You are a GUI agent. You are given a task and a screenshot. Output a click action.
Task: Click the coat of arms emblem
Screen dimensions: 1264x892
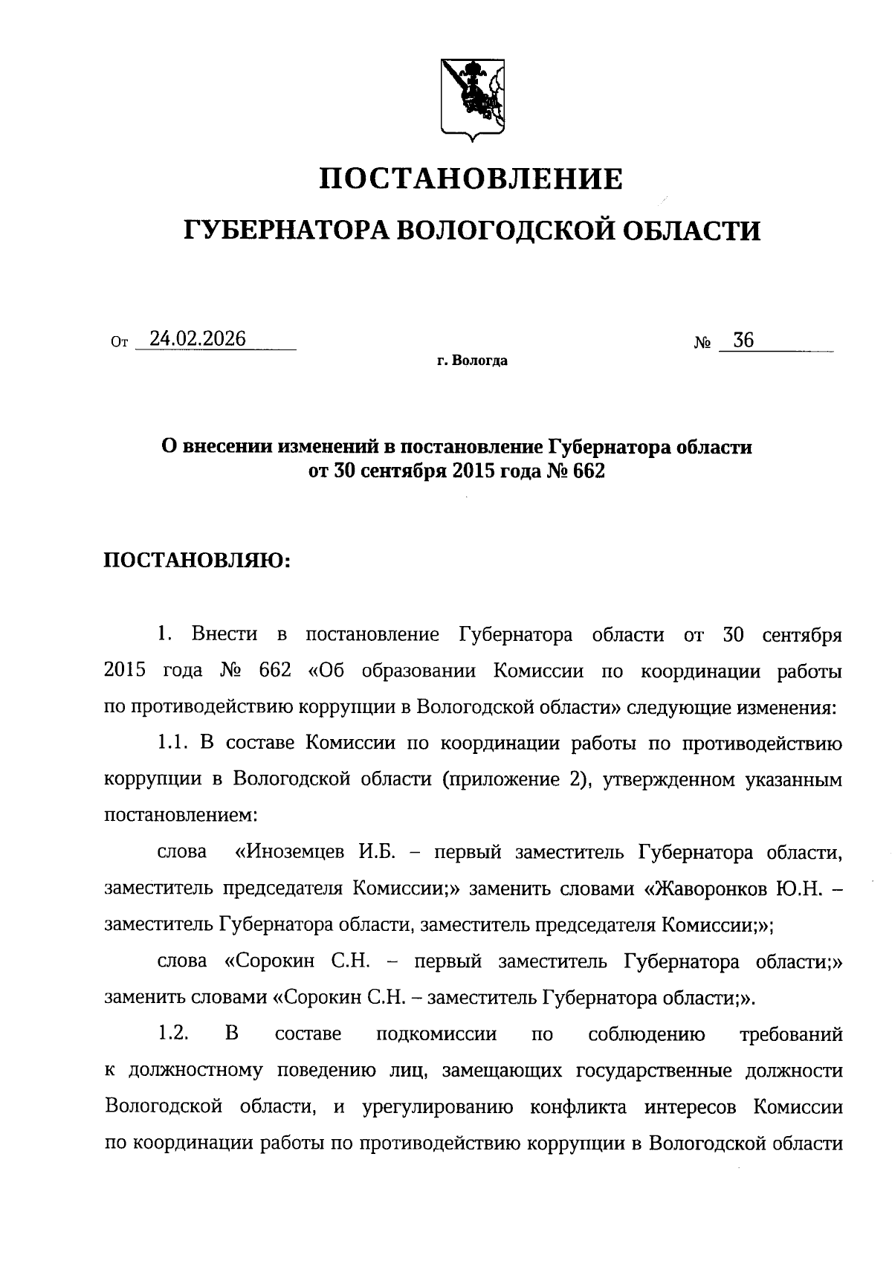tap(471, 99)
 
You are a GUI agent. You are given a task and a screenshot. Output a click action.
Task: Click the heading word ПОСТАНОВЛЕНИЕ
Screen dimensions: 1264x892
tap(471, 179)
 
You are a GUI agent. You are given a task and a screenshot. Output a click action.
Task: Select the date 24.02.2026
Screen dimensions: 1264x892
tap(197, 339)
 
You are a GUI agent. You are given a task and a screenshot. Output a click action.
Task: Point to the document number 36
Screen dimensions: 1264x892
tap(743, 341)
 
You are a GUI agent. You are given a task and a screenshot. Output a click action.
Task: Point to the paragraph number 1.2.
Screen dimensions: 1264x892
tap(174, 1034)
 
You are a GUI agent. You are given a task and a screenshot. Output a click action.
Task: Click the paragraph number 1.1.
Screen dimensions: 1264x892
tap(174, 742)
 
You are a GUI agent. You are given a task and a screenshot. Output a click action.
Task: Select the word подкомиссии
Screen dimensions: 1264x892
tap(437, 1034)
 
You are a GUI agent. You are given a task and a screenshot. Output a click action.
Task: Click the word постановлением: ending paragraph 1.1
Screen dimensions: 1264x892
tap(181, 815)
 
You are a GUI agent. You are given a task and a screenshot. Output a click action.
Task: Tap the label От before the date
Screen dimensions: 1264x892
tap(119, 343)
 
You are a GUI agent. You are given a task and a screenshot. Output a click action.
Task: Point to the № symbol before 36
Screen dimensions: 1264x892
tap(702, 344)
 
